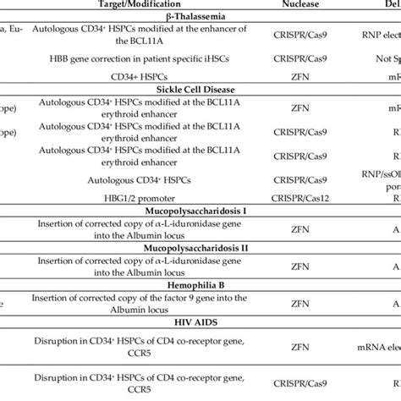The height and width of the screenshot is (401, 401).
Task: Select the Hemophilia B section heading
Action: pyautogui.click(x=128, y=284)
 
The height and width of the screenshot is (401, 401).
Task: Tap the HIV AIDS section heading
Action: pyautogui.click(x=127, y=322)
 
